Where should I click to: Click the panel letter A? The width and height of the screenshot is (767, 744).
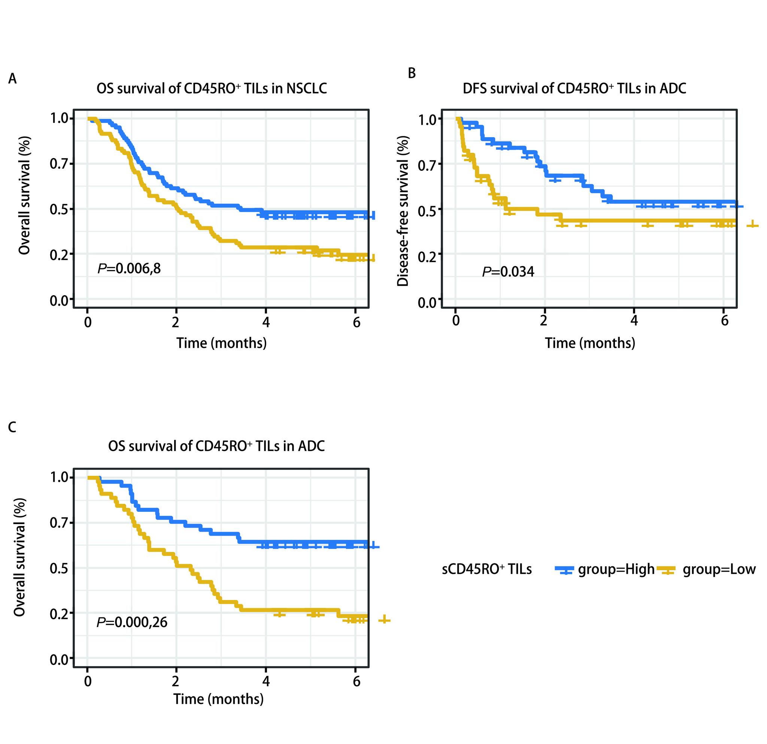point(12,79)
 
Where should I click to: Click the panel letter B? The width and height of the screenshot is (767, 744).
point(412,73)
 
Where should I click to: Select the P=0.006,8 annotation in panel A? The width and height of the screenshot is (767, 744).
point(129,269)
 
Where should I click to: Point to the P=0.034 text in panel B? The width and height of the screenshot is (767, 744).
point(508,271)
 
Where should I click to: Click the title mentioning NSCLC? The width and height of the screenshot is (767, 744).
point(211,88)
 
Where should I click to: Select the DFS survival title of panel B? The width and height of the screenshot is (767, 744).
point(574,88)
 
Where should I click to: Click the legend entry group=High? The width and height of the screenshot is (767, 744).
point(616,569)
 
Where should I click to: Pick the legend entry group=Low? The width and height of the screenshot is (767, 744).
point(718,569)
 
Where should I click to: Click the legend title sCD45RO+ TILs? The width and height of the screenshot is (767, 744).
point(486,569)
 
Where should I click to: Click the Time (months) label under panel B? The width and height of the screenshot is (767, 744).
point(590,343)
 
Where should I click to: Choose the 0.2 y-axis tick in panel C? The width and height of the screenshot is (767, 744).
point(58,613)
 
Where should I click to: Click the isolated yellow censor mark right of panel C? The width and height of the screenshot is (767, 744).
point(384,619)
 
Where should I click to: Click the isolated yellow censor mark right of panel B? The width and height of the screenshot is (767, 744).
point(752,225)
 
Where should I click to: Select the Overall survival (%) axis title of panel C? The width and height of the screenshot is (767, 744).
point(19,557)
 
